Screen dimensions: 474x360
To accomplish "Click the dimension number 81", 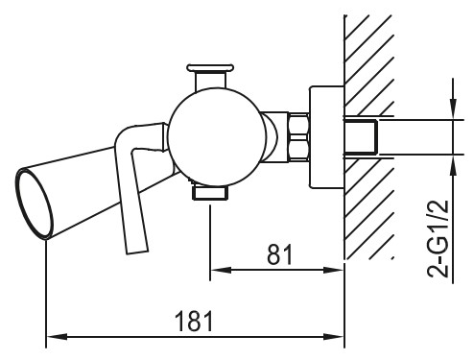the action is (x=280, y=254).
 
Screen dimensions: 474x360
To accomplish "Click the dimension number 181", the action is (x=194, y=321).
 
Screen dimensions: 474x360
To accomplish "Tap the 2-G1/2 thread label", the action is (x=438, y=238).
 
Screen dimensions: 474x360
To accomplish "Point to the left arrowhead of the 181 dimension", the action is (x=57, y=337).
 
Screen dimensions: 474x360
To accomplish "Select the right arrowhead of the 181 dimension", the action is (x=333, y=337).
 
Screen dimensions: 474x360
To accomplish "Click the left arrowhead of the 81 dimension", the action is (x=221, y=271).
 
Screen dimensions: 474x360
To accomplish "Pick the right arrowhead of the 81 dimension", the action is (x=333, y=271).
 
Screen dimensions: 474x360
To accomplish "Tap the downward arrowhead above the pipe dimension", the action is (x=454, y=108).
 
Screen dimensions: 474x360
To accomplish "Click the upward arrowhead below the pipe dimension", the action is (x=454, y=166).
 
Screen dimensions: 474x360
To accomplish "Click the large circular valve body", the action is (x=217, y=137).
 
